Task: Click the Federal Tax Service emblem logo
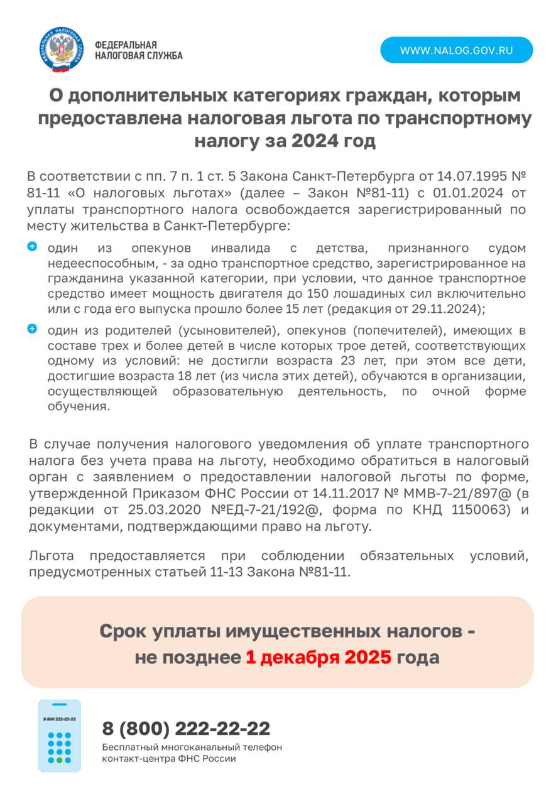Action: pyautogui.click(x=60, y=50)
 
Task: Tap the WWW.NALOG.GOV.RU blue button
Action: pyautogui.click(x=456, y=50)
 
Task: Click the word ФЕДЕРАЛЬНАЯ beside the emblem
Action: pyautogui.click(x=126, y=45)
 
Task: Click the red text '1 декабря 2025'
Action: pyautogui.click(x=318, y=658)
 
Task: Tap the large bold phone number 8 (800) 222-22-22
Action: pyautogui.click(x=187, y=729)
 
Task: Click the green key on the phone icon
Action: pyautogui.click(x=60, y=760)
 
